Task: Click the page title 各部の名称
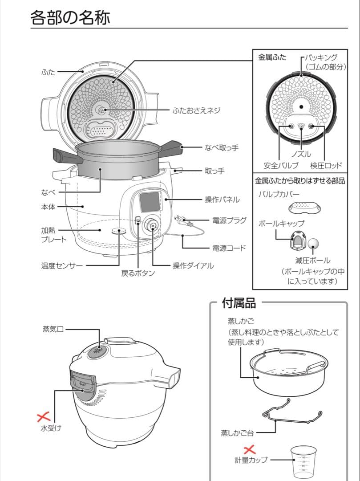(70, 18)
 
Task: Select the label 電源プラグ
(229, 220)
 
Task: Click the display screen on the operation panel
(149, 202)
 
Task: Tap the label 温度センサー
(62, 266)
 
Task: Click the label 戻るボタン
(138, 273)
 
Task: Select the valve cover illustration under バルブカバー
(303, 207)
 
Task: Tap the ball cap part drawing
(296, 240)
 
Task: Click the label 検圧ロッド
(326, 166)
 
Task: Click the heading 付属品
(239, 304)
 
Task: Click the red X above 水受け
(44, 417)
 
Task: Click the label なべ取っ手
(221, 147)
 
